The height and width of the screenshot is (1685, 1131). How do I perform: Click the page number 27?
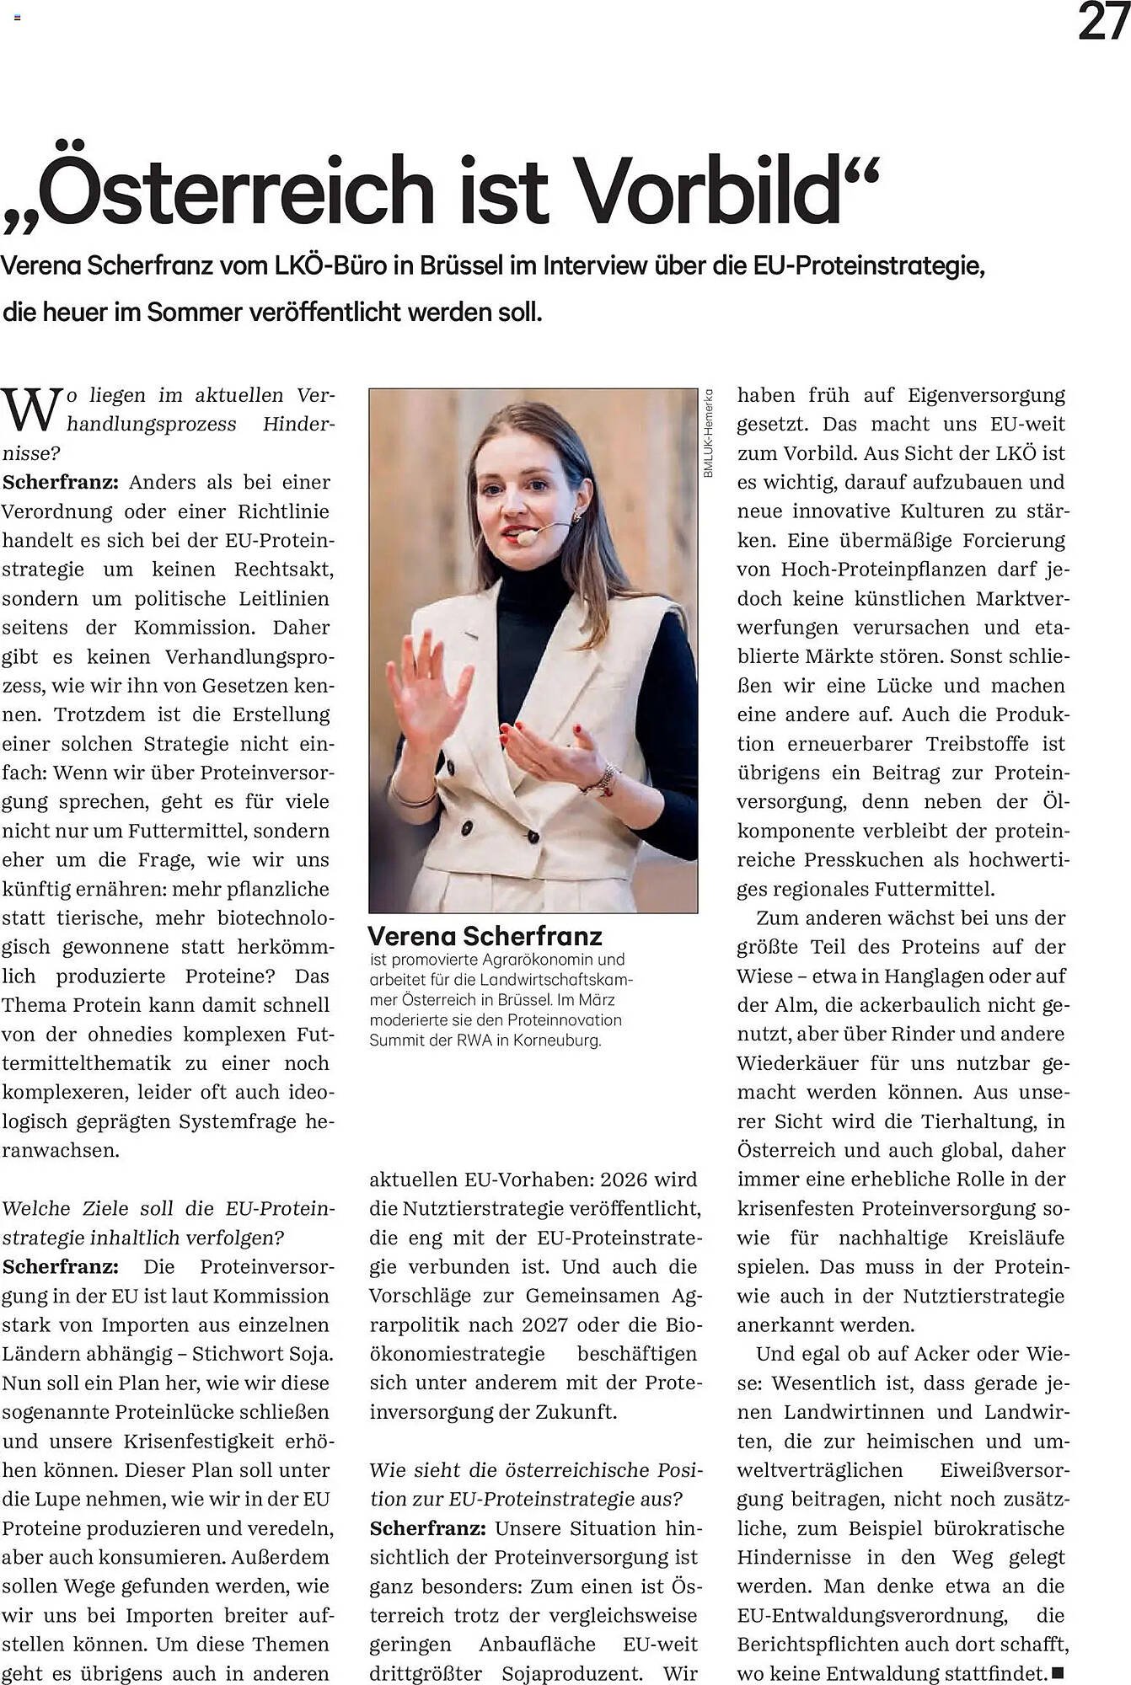click(x=1102, y=23)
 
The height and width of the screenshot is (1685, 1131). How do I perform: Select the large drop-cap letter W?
click(x=32, y=409)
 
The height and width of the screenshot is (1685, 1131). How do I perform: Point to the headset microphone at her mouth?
click(x=528, y=536)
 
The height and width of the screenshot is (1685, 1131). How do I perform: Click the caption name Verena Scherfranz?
click(x=485, y=936)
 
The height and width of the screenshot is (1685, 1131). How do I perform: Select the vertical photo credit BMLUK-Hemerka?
click(x=708, y=433)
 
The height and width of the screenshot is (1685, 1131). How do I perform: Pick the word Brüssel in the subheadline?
click(x=459, y=267)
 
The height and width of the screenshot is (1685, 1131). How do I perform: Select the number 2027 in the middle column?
click(x=545, y=1324)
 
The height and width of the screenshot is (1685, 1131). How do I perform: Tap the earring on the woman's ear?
click(x=578, y=513)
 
